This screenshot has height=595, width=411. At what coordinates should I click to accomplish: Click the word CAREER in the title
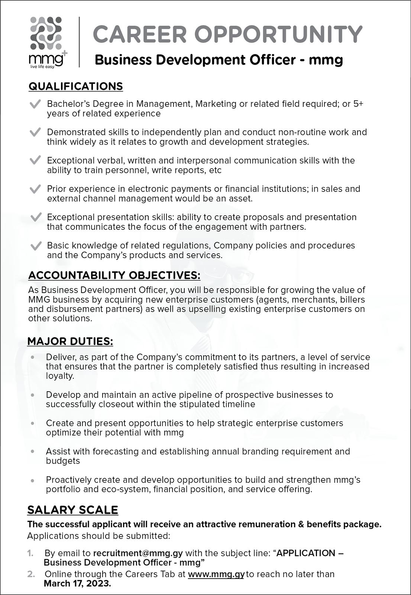(x=140, y=35)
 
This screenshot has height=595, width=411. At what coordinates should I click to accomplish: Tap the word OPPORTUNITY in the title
(x=278, y=35)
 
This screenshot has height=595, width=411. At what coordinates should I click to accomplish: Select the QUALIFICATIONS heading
(x=75, y=86)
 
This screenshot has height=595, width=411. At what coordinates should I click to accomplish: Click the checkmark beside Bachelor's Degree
(x=35, y=104)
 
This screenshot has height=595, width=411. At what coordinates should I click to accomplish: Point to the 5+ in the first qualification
(x=358, y=104)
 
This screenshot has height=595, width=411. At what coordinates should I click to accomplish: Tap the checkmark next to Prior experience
(x=35, y=189)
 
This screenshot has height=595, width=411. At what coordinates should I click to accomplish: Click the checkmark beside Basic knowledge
(x=35, y=246)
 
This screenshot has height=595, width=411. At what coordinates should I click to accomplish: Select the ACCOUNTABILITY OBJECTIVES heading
(x=114, y=276)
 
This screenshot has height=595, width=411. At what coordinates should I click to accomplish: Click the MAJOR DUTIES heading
(x=70, y=341)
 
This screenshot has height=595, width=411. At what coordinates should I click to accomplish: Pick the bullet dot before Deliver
(x=33, y=357)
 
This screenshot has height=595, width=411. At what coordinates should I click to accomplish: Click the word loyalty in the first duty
(x=60, y=376)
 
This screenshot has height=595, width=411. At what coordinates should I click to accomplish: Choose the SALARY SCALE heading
(x=73, y=510)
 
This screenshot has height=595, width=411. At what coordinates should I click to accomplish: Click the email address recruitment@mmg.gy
(x=138, y=553)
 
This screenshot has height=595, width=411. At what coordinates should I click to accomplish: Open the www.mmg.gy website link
(x=216, y=574)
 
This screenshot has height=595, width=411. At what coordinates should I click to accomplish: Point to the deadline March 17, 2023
(x=77, y=583)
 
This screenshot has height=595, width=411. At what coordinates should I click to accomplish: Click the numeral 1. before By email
(x=30, y=553)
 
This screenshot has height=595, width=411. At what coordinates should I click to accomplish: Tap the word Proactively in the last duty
(x=69, y=480)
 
